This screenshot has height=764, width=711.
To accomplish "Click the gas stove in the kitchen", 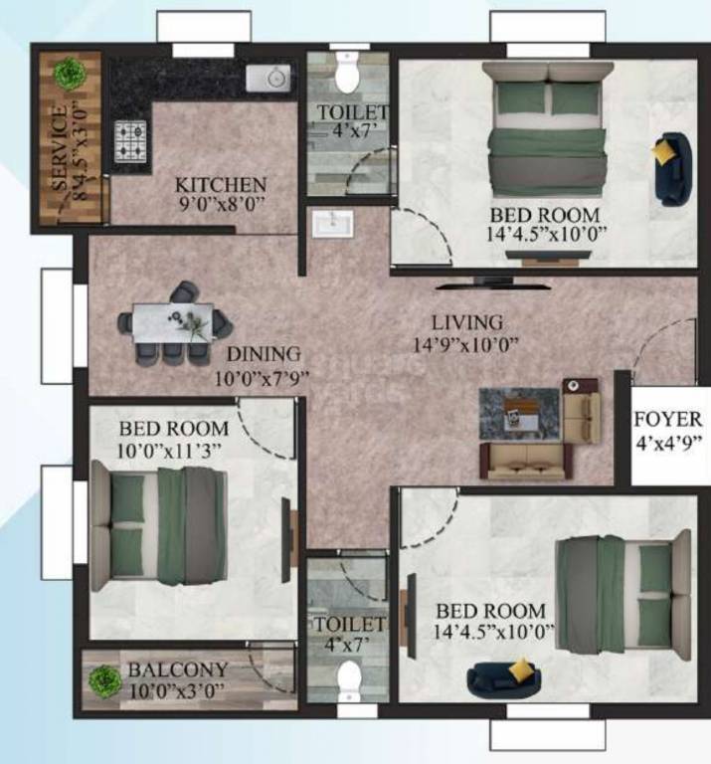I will click(130, 140).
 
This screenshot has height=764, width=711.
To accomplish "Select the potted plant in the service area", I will click(69, 72).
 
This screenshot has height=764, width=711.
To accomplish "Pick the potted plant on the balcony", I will click(103, 680).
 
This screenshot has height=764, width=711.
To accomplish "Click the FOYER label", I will click(668, 419).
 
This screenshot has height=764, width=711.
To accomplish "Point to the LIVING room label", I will click(466, 323).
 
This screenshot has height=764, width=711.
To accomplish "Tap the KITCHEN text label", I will click(221, 185).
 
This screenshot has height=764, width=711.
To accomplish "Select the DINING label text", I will click(263, 354).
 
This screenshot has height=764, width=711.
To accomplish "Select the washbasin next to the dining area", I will click(329, 224).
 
